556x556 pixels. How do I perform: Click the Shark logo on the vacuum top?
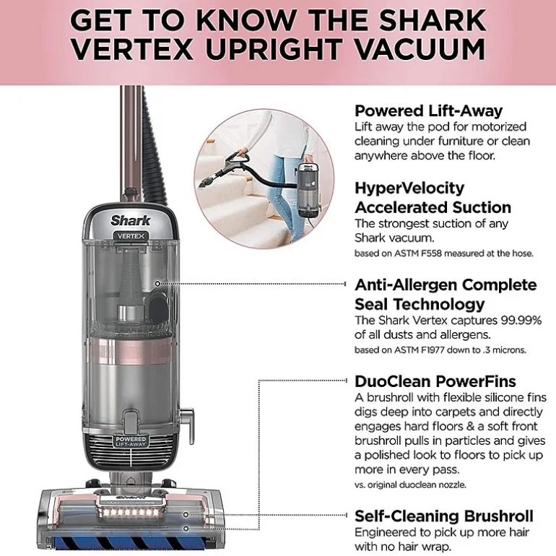pyautogui.click(x=131, y=220)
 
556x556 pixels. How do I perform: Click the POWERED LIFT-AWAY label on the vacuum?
pyautogui.click(x=131, y=441)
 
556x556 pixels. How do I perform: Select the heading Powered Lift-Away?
pyautogui.click(x=428, y=111)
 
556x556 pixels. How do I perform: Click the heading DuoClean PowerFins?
pyautogui.click(x=435, y=381)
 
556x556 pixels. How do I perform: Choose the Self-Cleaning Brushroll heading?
pyautogui.click(x=443, y=516)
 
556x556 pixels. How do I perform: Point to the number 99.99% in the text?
pyautogui.click(x=521, y=320)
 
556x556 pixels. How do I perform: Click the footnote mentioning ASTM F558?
pyautogui.click(x=443, y=253)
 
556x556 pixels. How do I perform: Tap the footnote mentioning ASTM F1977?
pyautogui.click(x=440, y=350)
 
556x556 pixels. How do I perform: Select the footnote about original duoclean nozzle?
pyautogui.click(x=410, y=485)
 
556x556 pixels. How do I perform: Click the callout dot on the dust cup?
pyautogui.click(x=157, y=284)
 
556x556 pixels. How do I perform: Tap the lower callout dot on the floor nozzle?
pyautogui.click(x=186, y=529)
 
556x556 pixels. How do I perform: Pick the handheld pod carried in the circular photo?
pyautogui.click(x=308, y=190)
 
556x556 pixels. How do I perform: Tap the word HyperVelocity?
pyautogui.click(x=409, y=188)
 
